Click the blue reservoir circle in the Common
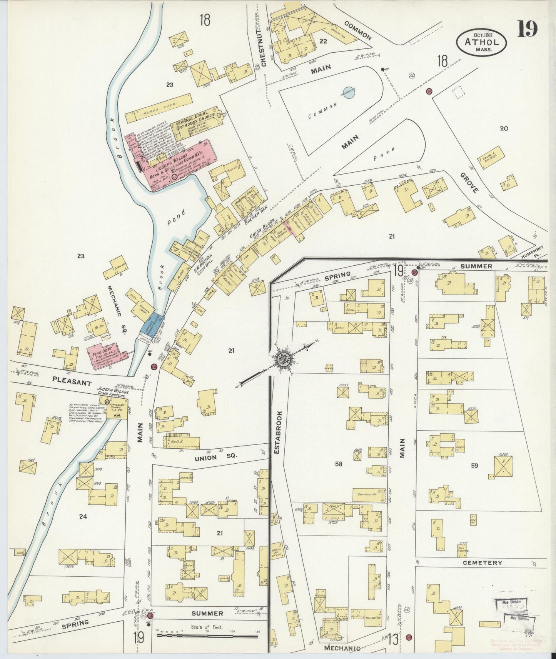point(349,92)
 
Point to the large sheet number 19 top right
point(527,29)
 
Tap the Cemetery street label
point(482,562)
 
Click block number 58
point(338,464)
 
